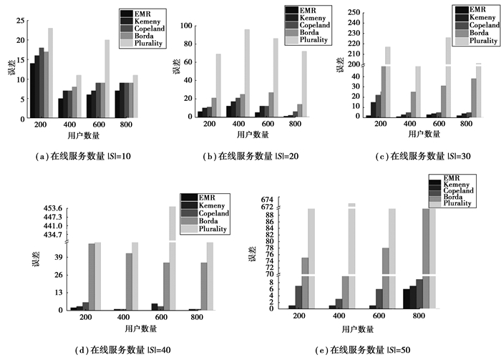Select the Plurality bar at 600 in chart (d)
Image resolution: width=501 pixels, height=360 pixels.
172,258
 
